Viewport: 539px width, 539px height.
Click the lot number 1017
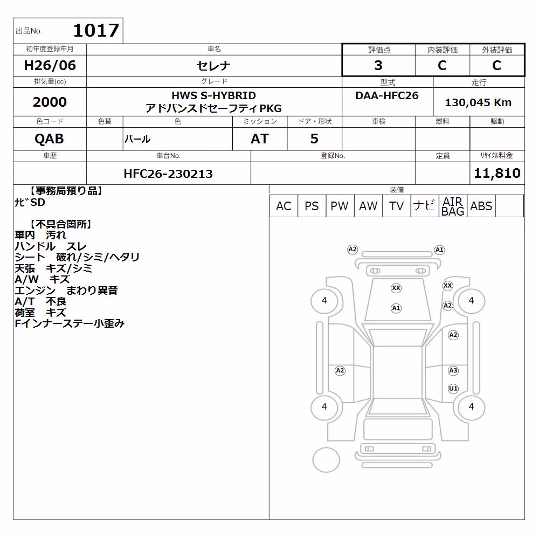click(96, 30)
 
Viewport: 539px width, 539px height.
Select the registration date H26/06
click(50, 65)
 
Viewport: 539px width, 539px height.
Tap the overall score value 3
click(378, 65)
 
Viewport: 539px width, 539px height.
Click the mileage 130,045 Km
click(478, 102)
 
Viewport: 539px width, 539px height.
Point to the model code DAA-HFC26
click(387, 95)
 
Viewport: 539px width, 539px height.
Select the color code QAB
click(49, 139)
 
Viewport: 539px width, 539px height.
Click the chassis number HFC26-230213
click(168, 174)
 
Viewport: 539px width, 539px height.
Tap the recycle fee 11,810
click(497, 173)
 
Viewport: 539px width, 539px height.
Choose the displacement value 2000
click(50, 102)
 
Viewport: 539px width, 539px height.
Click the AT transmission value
click(260, 139)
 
